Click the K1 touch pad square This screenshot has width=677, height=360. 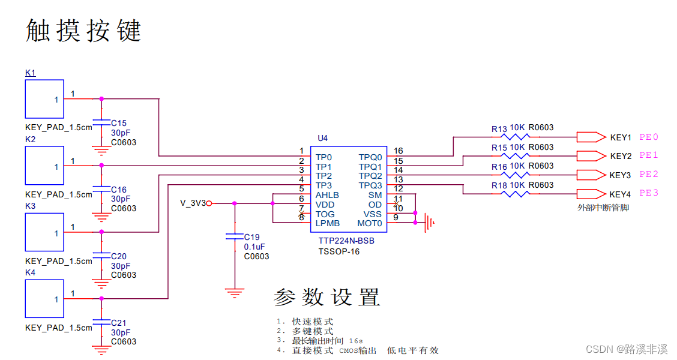point(44,99)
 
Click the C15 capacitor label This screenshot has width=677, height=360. point(119,123)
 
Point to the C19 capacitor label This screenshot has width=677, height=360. point(251,236)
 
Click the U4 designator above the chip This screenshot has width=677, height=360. point(322,138)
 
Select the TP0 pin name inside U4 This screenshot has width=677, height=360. point(323,157)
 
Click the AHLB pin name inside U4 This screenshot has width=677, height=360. point(327,195)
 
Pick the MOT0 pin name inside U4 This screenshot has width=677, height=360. point(370,223)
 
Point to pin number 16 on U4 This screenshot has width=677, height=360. point(398,151)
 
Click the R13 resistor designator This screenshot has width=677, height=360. point(499,129)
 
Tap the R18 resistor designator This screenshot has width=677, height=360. point(499,186)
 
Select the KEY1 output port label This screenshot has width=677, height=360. point(620,137)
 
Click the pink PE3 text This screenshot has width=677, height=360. point(648,193)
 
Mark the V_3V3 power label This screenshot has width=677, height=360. point(192,203)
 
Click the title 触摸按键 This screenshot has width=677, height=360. point(83,31)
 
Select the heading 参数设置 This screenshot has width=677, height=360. point(326,297)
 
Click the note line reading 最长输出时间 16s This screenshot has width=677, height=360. point(327,341)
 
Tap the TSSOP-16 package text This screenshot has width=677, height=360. point(339,251)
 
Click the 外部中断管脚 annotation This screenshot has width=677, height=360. point(603,208)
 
